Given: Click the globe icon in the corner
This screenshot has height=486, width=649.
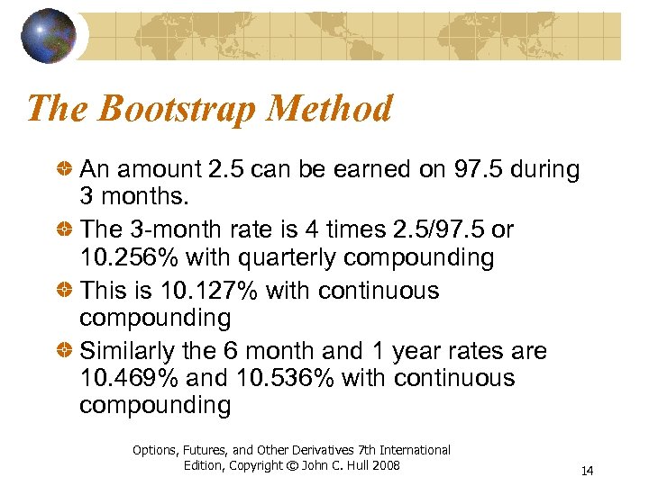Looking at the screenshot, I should coord(48,37).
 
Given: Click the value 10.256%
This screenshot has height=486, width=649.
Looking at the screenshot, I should coord(129,258).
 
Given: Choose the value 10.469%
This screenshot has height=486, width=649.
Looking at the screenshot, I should coord(129,378).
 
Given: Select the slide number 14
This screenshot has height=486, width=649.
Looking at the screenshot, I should coord(587,471).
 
